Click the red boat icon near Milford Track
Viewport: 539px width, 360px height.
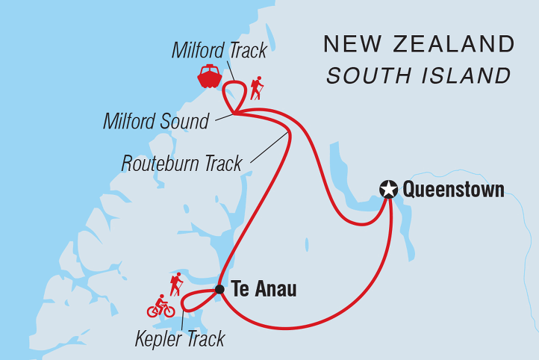[x=210, y=76]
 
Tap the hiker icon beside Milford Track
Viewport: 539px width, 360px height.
[x=257, y=89]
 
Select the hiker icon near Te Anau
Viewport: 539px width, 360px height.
[x=176, y=284]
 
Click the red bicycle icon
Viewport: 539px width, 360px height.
[x=161, y=306]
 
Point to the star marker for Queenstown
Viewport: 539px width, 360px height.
[x=387, y=190]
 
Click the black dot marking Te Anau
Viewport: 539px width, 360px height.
[x=219, y=289]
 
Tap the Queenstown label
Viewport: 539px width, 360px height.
[x=453, y=190]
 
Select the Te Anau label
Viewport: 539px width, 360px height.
[x=264, y=289]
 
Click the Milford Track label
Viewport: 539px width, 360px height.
[x=219, y=51]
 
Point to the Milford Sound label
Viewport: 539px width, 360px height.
[x=156, y=122]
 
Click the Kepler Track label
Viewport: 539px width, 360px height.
[x=180, y=340]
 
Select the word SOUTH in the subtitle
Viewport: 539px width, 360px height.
[x=364, y=75]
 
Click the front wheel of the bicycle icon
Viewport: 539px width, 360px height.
[x=169, y=311]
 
